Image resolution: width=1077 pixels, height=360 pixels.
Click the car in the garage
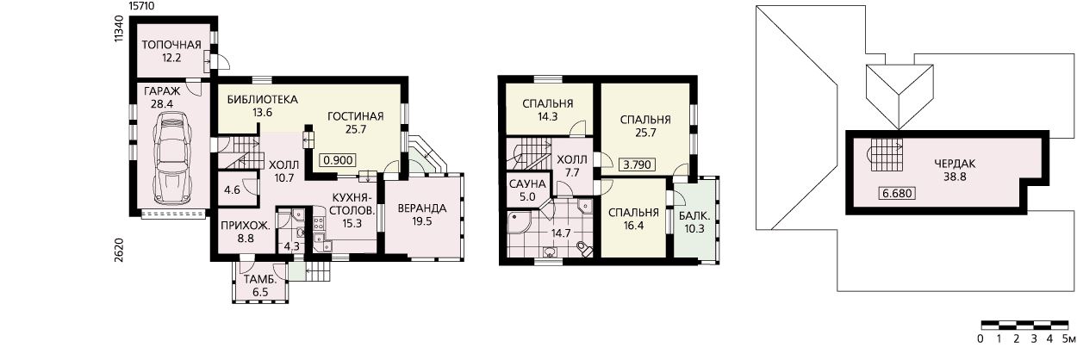coord(171,158)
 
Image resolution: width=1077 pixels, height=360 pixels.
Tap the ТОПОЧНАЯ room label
coord(171,45)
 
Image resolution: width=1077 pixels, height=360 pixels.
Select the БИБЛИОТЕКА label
coord(263,100)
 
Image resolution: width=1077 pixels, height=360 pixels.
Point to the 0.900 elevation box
coord(339,160)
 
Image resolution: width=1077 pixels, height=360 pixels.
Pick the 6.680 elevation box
coord(897,193)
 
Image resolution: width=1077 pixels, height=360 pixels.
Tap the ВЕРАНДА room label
coord(421,208)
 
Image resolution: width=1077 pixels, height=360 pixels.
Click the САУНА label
coord(527,184)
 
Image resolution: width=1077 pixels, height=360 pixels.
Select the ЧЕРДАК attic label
coord(955,164)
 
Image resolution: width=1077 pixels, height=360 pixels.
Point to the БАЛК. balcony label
coord(694,216)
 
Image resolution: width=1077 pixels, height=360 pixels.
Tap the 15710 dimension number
coord(142,6)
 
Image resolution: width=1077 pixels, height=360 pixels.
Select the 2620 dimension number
coord(119,250)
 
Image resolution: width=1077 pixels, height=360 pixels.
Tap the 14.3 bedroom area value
coord(548,116)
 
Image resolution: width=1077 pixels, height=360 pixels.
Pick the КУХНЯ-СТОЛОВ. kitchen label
coord(352,204)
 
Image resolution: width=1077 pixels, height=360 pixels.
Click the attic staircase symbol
coord(884,155)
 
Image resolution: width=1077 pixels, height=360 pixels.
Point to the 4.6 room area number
coord(232,189)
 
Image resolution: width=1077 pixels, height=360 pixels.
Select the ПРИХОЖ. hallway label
coord(246,226)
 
